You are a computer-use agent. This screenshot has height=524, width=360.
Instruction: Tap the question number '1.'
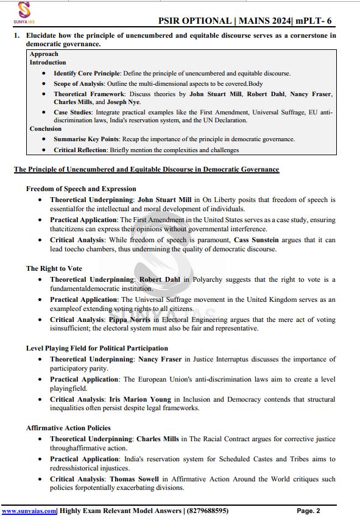tap(18, 36)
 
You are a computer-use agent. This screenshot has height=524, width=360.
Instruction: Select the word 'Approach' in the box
tap(44, 54)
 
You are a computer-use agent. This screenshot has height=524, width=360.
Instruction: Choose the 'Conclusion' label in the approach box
tap(46, 129)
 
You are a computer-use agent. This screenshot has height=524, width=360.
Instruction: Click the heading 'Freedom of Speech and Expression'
tap(81, 189)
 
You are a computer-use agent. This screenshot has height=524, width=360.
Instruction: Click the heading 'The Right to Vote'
tap(54, 268)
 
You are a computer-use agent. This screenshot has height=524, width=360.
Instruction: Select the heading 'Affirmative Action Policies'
tap(68, 428)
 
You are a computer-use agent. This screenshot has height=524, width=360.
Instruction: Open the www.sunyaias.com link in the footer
tap(29, 511)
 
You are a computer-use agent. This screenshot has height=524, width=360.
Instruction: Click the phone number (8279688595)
tap(208, 511)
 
